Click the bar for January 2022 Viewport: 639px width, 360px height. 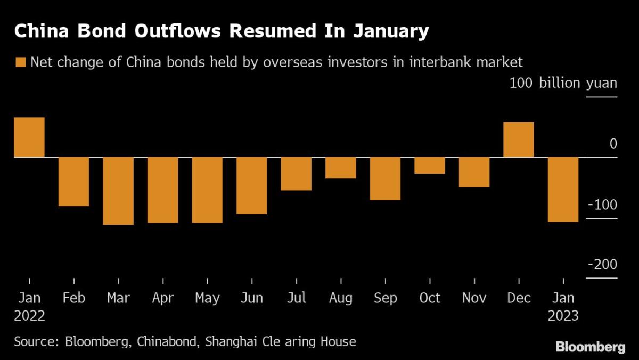pyautogui.click(x=29, y=137)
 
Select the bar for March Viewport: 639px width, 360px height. pyautogui.click(x=118, y=191)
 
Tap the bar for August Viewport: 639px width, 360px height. pyautogui.click(x=341, y=168)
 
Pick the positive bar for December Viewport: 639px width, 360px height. pyautogui.click(x=519, y=140)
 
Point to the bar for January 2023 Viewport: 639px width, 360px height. pyautogui.click(x=563, y=189)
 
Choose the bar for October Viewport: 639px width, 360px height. pyautogui.click(x=430, y=165)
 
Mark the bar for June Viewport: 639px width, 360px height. pyautogui.click(x=252, y=185)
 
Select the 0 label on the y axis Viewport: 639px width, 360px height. pyautogui.click(x=613, y=144)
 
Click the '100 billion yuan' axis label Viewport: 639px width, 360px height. pyautogui.click(x=563, y=84)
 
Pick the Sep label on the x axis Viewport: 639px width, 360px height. pyautogui.click(x=385, y=298)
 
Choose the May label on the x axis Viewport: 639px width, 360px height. pyautogui.click(x=207, y=298)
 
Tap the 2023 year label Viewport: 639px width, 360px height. pyautogui.click(x=563, y=315)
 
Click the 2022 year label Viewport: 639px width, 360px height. pyautogui.click(x=29, y=315)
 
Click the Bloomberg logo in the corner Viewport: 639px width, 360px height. pyautogui.click(x=591, y=347)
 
